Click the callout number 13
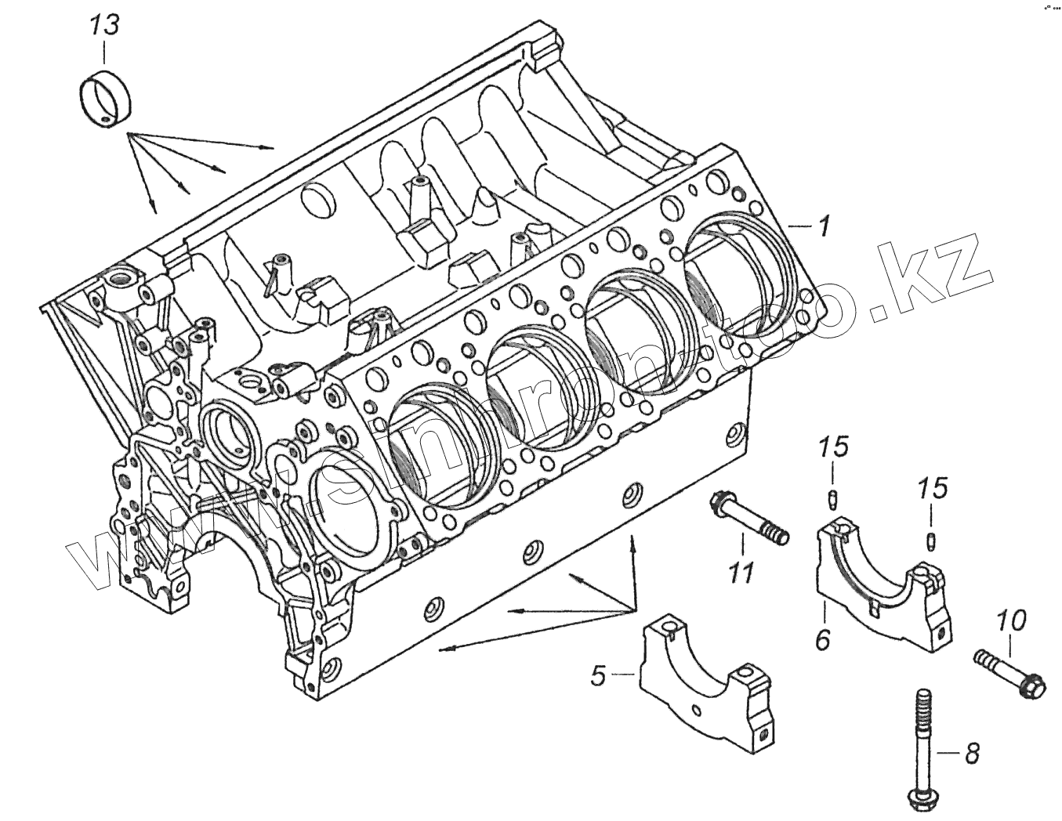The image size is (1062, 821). pos(104,25)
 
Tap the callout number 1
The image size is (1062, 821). pos(822,226)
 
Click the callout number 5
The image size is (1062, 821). pos(599,675)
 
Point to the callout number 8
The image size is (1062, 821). pos(972,754)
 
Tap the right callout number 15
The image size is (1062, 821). pos(932,488)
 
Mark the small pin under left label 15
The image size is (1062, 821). pos(834,499)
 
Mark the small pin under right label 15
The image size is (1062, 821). pos(931,540)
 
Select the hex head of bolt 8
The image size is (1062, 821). pos(922,802)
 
